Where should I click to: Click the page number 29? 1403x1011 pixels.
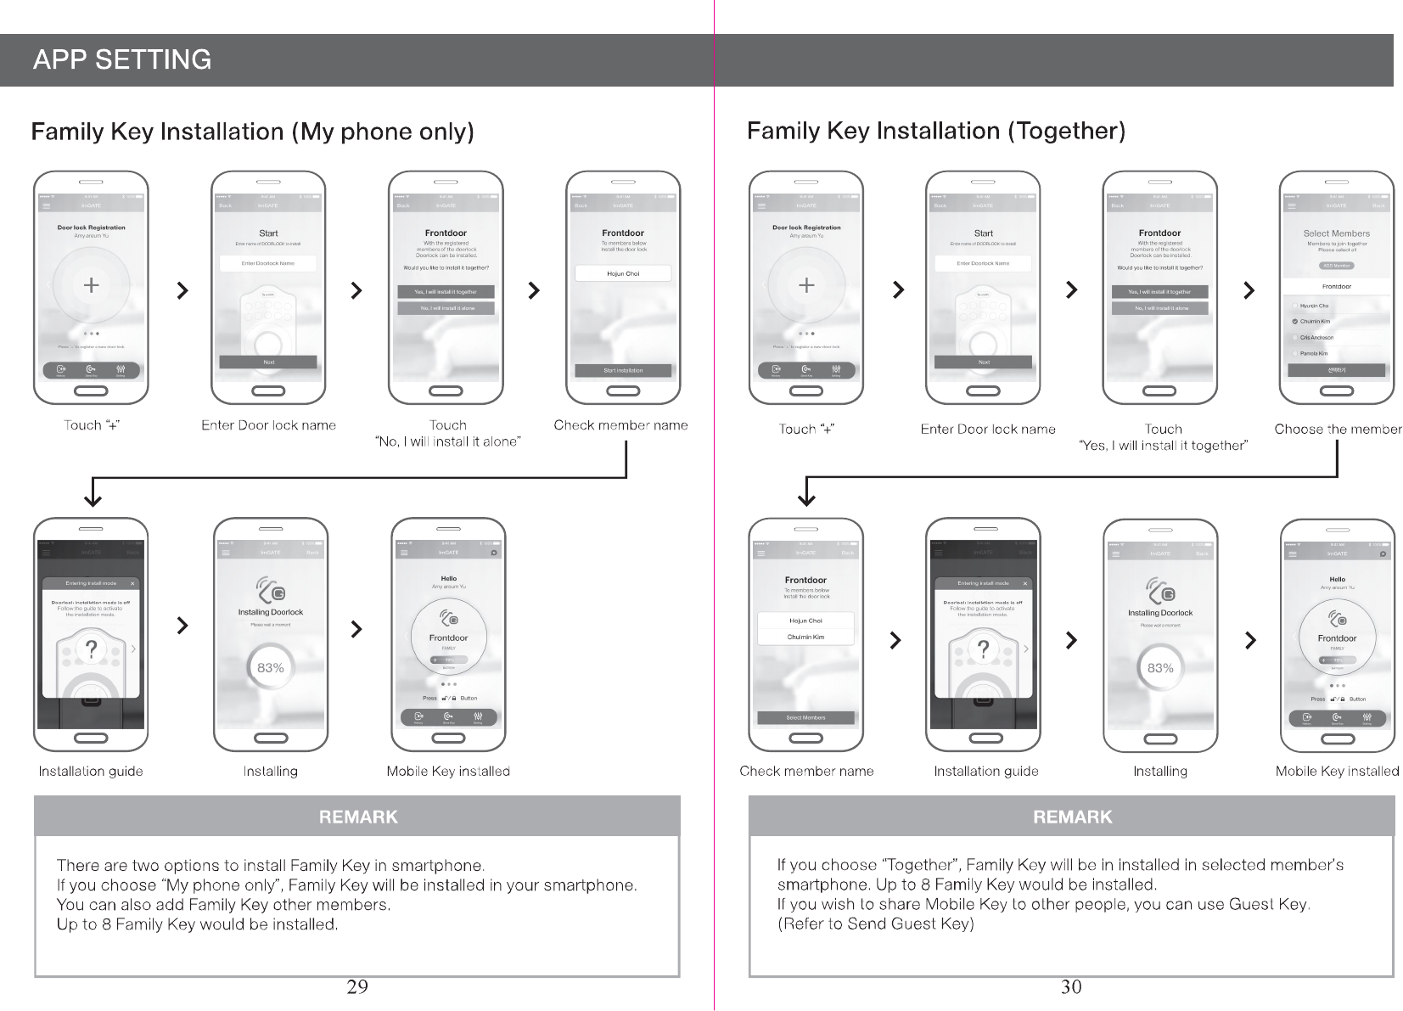pyautogui.click(x=357, y=986)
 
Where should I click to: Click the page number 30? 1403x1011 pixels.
pyautogui.click(x=1071, y=986)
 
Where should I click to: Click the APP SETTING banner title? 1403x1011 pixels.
pyautogui.click(x=122, y=59)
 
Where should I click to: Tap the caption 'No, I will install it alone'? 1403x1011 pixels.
pyautogui.click(x=447, y=441)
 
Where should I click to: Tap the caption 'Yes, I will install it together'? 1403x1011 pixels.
pyautogui.click(x=1162, y=446)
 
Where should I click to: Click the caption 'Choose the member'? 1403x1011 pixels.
pyautogui.click(x=1338, y=429)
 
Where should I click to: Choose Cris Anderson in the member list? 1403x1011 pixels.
pyautogui.click(x=1316, y=338)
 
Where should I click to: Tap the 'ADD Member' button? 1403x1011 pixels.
pyautogui.click(x=1336, y=266)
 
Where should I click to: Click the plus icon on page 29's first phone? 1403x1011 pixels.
pyautogui.click(x=91, y=285)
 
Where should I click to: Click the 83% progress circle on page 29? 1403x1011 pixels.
pyautogui.click(x=271, y=668)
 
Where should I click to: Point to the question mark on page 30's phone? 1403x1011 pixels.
pyautogui.click(x=983, y=649)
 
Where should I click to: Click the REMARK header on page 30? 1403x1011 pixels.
pyautogui.click(x=1072, y=817)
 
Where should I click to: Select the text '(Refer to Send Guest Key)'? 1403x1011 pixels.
pyautogui.click(x=876, y=924)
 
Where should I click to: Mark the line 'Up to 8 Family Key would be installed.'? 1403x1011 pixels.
pyautogui.click(x=197, y=924)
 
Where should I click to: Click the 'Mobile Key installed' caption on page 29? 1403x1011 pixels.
pyautogui.click(x=448, y=771)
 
